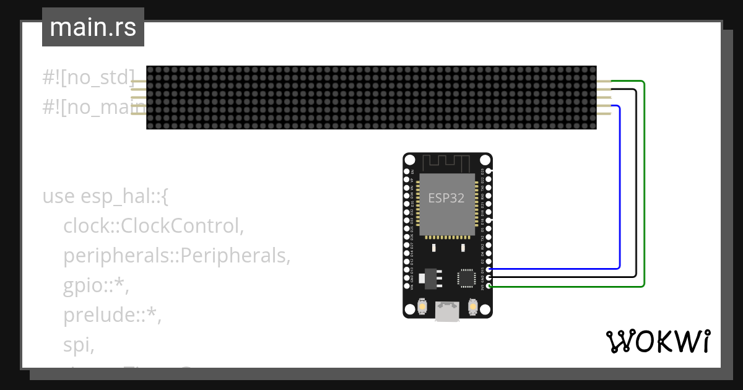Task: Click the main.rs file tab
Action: [93, 27]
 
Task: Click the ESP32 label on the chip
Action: [446, 198]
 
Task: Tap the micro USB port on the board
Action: [447, 311]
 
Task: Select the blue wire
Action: [620, 186]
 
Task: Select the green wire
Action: [645, 186]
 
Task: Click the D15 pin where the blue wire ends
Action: [489, 269]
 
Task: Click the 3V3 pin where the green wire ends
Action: [489, 286]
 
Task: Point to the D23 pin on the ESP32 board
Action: [489, 171]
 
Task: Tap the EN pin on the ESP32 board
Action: [407, 171]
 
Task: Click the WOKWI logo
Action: [658, 341]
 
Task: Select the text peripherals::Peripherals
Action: [176, 255]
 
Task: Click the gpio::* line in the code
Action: [96, 285]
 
